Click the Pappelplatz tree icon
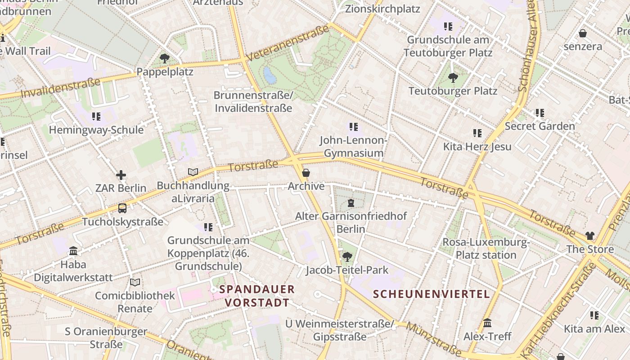tap(164, 58)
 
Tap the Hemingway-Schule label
tap(96, 130)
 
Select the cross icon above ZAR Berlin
tap(121, 175)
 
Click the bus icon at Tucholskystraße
tap(122, 208)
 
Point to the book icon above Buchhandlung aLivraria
tap(193, 172)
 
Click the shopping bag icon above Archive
tap(306, 173)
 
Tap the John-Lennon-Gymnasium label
tap(353, 147)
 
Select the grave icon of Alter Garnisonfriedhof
tap(351, 203)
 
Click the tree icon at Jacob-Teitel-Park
tap(346, 257)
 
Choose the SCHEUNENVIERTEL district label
tap(431, 294)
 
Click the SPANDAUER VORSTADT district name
tap(257, 296)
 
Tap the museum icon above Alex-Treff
tap(487, 323)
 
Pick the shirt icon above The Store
tap(590, 236)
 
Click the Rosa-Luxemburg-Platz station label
tap(486, 249)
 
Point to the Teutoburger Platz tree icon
tap(453, 78)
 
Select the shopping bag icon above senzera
tap(582, 33)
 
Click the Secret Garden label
tap(540, 126)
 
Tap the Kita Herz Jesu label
tap(477, 147)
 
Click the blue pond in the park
tap(270, 75)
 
